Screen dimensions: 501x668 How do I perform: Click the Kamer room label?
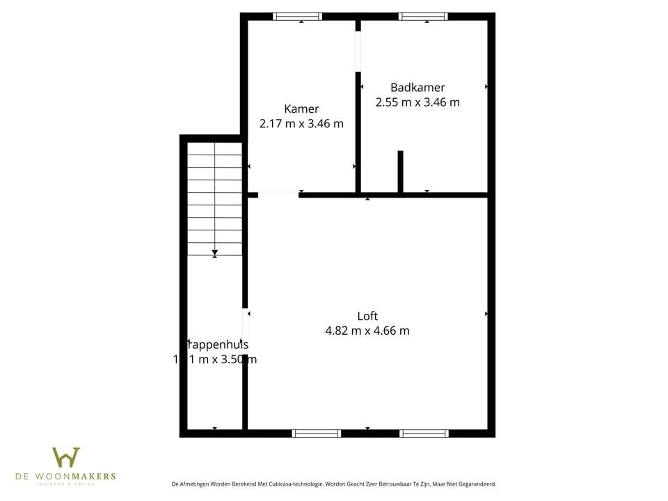pyautogui.click(x=301, y=109)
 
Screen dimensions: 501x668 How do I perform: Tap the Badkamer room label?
pyautogui.click(x=417, y=88)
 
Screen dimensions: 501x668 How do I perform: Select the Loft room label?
pyautogui.click(x=367, y=316)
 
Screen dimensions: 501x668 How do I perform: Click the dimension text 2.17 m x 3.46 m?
pyautogui.click(x=301, y=124)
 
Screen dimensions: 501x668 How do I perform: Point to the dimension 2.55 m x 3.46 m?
pyautogui.click(x=417, y=102)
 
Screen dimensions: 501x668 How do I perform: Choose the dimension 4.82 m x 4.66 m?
pyautogui.click(x=367, y=331)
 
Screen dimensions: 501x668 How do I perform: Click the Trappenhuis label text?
pyautogui.click(x=216, y=344)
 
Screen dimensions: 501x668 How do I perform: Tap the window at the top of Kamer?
pyautogui.click(x=297, y=17)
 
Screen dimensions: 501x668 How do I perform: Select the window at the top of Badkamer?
pyautogui.click(x=423, y=17)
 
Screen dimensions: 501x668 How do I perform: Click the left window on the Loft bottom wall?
pyautogui.click(x=317, y=433)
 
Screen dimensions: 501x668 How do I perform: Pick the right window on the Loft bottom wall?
pyautogui.click(x=424, y=433)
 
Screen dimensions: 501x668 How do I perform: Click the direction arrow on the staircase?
pyautogui.click(x=215, y=253)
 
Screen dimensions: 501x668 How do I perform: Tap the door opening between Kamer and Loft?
pyautogui.click(x=278, y=195)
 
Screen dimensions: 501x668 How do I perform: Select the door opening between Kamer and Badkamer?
pyautogui.click(x=358, y=52)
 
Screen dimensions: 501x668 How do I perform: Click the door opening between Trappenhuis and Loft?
pyautogui.click(x=245, y=324)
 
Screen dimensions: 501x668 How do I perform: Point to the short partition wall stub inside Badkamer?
pyautogui.click(x=400, y=171)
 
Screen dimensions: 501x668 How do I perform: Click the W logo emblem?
pyautogui.click(x=66, y=457)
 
